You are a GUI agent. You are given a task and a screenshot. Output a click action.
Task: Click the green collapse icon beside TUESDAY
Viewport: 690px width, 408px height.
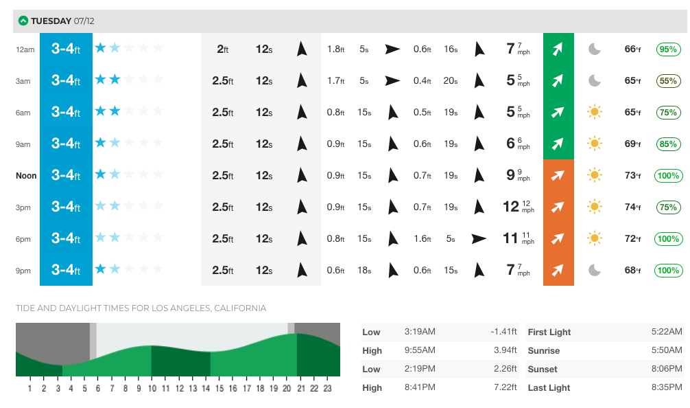[x=23, y=21]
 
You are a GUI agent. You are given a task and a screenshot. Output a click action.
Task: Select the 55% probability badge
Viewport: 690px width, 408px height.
[x=668, y=81]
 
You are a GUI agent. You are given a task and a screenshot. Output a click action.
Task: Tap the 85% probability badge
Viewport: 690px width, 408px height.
[x=668, y=144]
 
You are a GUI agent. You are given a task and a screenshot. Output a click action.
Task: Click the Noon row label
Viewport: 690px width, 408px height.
[x=26, y=176]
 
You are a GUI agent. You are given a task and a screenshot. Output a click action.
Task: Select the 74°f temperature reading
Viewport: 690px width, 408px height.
[x=632, y=207]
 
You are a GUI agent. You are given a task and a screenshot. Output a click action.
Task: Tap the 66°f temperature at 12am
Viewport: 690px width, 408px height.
[x=632, y=49]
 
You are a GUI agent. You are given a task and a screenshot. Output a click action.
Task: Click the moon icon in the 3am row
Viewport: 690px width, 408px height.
[x=595, y=81]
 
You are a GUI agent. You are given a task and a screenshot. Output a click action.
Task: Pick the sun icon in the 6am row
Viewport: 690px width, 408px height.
[x=595, y=112]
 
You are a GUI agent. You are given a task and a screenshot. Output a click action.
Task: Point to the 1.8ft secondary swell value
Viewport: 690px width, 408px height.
[x=335, y=49]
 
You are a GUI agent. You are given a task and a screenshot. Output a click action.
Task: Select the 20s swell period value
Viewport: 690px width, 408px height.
[x=450, y=81]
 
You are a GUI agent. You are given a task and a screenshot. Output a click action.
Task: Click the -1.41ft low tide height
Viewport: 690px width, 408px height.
[x=503, y=332]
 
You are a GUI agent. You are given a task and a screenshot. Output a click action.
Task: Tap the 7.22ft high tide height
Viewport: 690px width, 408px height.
[x=505, y=388]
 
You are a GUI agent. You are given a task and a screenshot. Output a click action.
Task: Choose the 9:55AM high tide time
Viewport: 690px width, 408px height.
[x=420, y=351]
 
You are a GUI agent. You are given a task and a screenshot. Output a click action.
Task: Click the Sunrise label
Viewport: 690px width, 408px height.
[x=543, y=351]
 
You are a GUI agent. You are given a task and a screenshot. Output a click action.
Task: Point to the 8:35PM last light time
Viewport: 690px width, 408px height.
[x=667, y=388]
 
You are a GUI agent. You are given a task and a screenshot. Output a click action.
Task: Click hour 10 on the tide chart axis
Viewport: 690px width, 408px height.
[x=152, y=389]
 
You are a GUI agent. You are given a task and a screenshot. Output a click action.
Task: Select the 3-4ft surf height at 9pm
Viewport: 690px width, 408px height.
[x=66, y=270]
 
